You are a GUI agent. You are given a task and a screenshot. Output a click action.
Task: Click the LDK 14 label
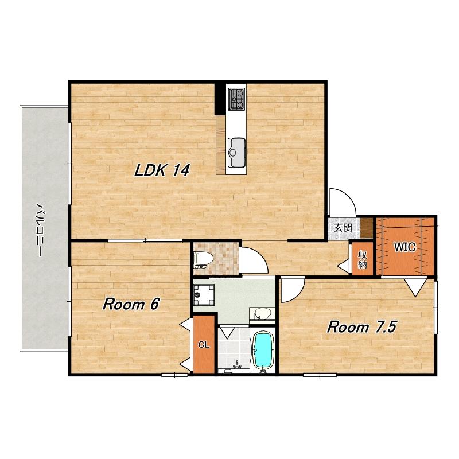click(162, 170)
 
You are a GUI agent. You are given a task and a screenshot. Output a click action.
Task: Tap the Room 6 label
click(131, 304)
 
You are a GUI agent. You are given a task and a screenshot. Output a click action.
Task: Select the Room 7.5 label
click(362, 326)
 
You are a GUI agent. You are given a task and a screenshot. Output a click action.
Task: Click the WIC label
click(404, 247)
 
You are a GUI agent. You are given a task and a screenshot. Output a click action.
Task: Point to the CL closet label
click(204, 345)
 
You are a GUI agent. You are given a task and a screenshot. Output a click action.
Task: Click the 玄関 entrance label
click(343, 228)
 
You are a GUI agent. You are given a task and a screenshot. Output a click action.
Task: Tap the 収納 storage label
click(363, 260)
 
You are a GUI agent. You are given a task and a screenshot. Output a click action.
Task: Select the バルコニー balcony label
click(38, 229)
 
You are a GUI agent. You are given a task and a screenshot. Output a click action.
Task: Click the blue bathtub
click(263, 351)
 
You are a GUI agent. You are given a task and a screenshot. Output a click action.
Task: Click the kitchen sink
click(236, 152)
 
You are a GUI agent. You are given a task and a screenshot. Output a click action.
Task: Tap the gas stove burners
click(236, 99)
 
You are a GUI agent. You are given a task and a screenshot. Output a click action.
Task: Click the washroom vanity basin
click(262, 314)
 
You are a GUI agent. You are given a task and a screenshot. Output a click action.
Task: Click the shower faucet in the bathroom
click(236, 365)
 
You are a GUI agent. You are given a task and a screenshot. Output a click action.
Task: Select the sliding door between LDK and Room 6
click(146, 240)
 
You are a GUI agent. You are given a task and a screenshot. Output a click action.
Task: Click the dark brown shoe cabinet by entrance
click(367, 228)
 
